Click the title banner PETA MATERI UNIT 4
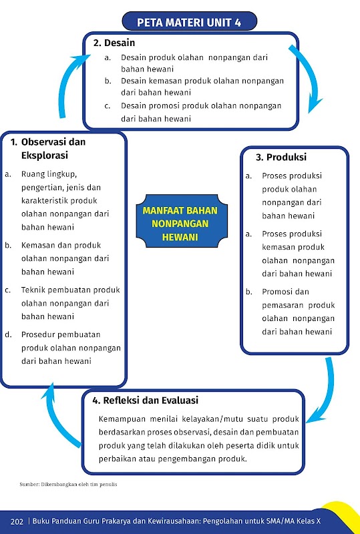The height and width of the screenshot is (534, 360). tap(189, 22)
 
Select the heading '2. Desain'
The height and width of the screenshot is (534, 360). tap(114, 43)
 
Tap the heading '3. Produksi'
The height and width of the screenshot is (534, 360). tap(281, 157)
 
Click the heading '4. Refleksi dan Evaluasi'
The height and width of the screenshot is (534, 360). tap(145, 400)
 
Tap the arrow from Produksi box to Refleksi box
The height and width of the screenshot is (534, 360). tap(324, 392)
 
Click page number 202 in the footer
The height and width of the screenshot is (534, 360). tap(17, 521)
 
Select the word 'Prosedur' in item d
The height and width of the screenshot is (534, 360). tap(38, 334)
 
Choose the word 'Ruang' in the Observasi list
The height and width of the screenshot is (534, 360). tap(32, 174)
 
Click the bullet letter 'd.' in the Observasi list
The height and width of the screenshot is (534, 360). tap(9, 334)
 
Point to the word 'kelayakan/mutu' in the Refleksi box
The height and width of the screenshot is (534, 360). tap(209, 419)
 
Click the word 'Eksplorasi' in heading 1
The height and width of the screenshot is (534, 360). tap(45, 156)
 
